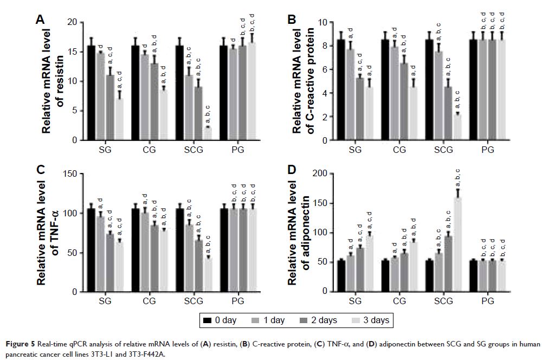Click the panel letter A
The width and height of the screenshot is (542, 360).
(x=40, y=20)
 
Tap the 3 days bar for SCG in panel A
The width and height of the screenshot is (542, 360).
(x=208, y=133)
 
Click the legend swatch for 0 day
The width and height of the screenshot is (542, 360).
(x=207, y=321)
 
